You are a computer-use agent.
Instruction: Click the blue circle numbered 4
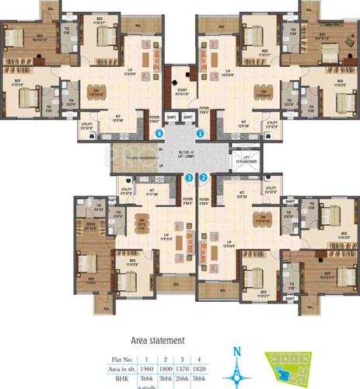coord(159,133)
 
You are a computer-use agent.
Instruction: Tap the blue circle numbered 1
coord(201,133)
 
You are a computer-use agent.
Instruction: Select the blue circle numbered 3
coord(189,178)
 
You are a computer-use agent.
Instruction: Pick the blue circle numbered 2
coord(204,177)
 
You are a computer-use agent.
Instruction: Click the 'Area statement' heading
coord(156,340)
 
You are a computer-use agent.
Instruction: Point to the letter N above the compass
coord(235,350)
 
